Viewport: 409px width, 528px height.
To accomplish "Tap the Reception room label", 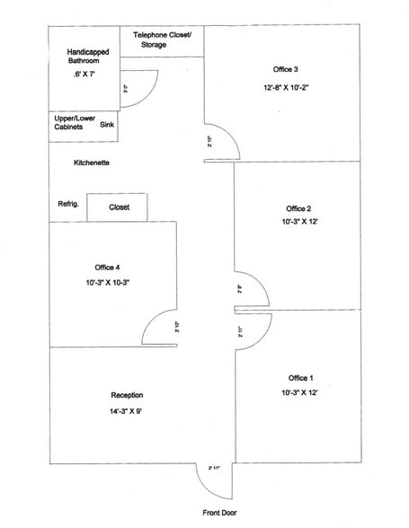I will (x=127, y=395).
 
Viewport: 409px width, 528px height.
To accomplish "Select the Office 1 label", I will (x=301, y=377).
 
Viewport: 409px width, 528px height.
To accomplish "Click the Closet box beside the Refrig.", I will (x=119, y=207).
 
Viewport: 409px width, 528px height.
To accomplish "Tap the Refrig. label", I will (x=69, y=205).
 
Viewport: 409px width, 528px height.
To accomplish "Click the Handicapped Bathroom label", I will (x=88, y=57).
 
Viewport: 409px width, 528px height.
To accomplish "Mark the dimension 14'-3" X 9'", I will (x=127, y=411).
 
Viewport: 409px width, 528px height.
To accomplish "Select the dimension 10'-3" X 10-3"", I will (x=109, y=283).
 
